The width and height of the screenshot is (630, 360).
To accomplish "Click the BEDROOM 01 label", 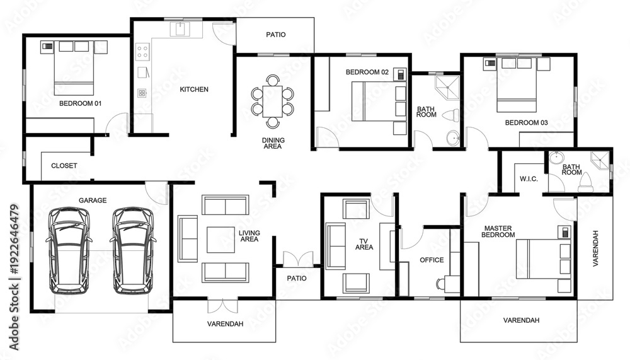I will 80,103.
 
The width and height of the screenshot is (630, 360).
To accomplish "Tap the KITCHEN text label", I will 194,90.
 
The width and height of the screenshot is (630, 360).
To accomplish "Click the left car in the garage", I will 69,249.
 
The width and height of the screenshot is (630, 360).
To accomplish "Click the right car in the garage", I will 132,249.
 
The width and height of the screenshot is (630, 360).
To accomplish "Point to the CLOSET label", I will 64,166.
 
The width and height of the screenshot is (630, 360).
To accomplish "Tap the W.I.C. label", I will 529,179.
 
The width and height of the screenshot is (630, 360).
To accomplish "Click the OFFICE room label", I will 432,260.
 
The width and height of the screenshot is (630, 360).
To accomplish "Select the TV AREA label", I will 364,243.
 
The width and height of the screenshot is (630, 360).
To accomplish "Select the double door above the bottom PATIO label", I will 297,259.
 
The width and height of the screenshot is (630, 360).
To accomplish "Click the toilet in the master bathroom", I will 585,182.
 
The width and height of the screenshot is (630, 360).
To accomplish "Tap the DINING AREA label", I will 272,143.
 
